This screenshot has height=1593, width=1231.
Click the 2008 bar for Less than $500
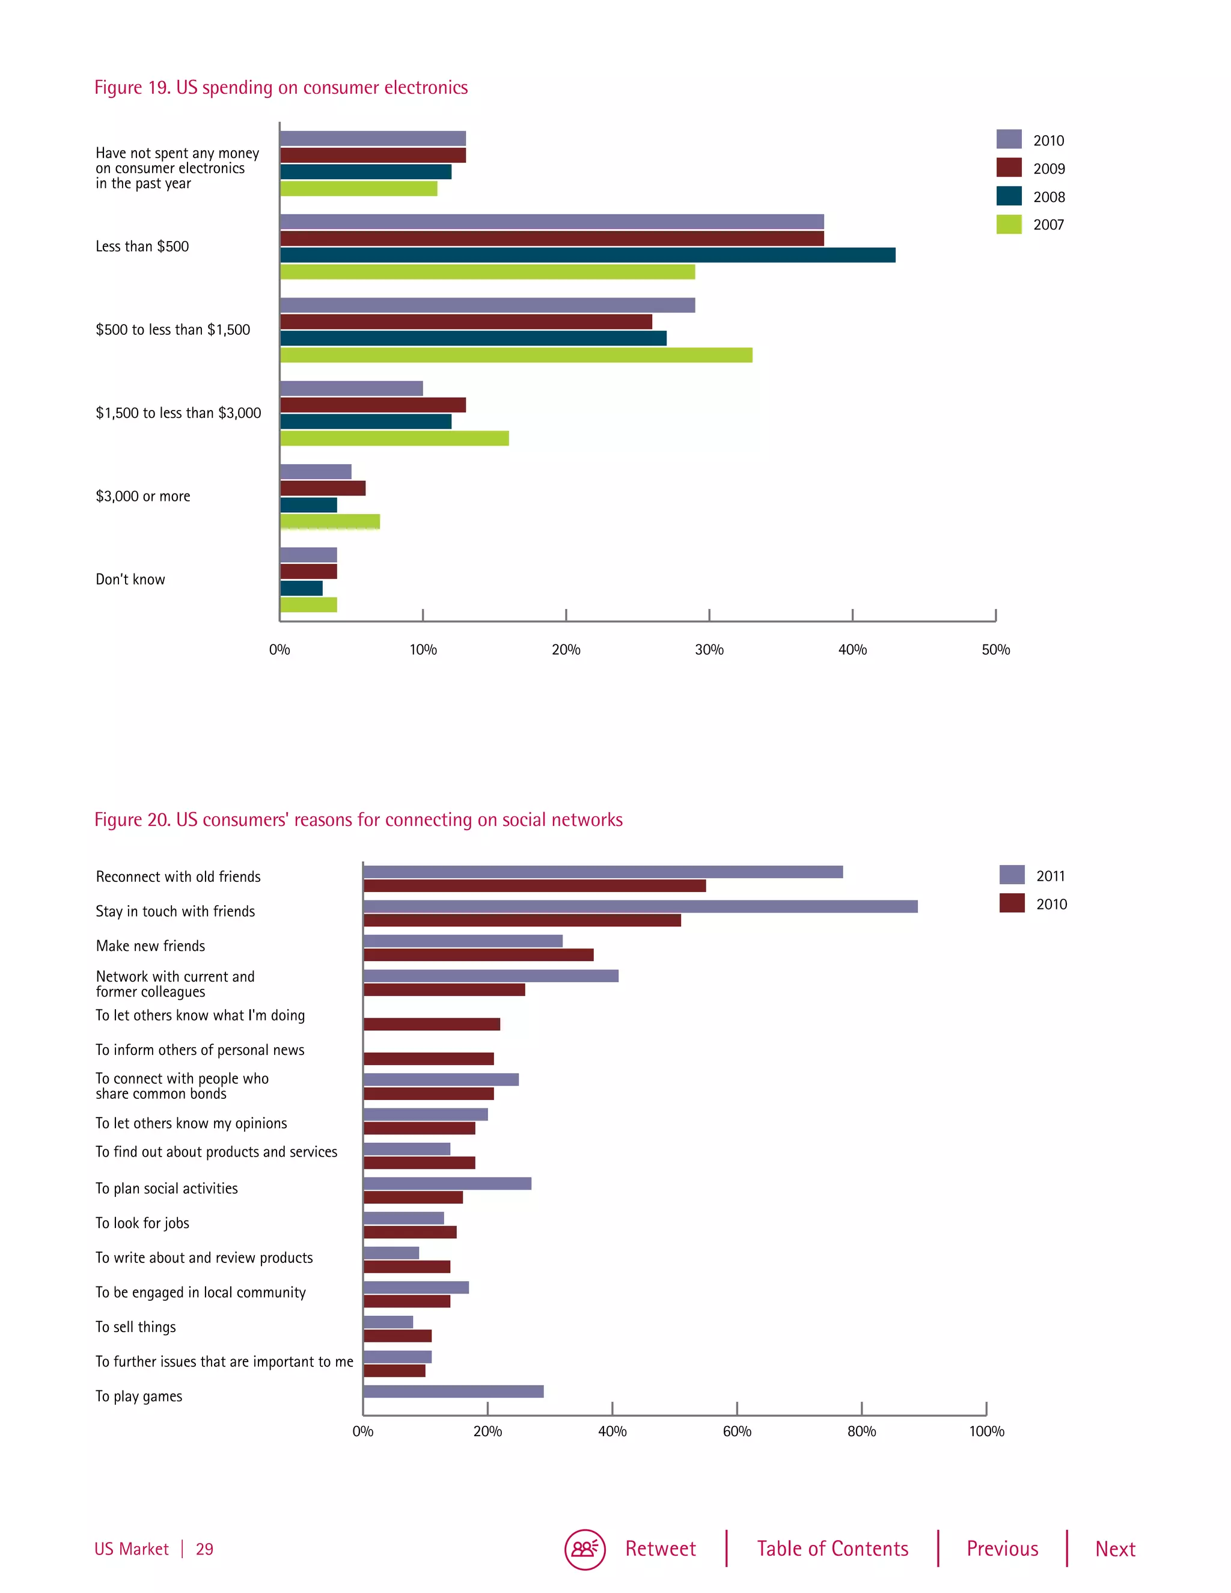point(587,254)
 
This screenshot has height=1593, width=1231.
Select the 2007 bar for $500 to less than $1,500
point(516,355)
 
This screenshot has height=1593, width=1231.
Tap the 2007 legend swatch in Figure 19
point(1009,225)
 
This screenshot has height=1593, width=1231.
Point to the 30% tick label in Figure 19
point(709,650)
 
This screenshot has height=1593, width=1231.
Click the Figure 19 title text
point(281,88)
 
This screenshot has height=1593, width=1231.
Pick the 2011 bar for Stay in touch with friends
point(640,906)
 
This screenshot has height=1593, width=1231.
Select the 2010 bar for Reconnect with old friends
point(534,885)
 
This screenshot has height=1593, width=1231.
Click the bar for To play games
point(453,1392)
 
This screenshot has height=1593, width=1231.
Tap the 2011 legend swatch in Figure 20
point(1012,875)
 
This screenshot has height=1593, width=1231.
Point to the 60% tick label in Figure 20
point(736,1432)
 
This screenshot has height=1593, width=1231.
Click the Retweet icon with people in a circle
point(585,1549)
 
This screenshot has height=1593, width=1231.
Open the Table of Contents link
point(832,1549)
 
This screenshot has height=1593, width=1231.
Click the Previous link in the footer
point(1002,1549)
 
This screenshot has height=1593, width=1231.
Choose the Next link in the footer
point(1115,1549)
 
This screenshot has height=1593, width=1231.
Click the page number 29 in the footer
point(204,1550)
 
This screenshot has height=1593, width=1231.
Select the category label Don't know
point(130,580)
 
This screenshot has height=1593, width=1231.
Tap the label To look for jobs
point(142,1223)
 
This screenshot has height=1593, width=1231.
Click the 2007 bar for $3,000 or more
point(329,522)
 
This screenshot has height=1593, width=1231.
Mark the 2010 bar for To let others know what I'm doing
point(431,1024)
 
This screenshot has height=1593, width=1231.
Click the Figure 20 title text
point(358,820)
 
